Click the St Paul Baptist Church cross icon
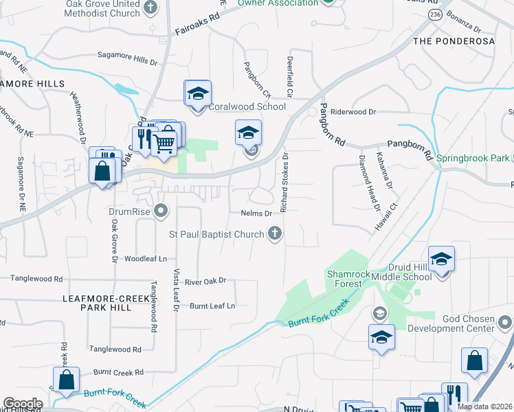[x=275, y=234]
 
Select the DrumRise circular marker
[x=161, y=210]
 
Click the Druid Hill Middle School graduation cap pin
[x=442, y=259]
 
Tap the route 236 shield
[x=434, y=14]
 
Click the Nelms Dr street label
[x=256, y=213]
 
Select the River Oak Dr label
[x=205, y=282]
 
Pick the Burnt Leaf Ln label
[x=212, y=306]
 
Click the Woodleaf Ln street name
[x=146, y=259]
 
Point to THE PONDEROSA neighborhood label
[x=454, y=41]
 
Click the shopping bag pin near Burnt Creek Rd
[x=66, y=380]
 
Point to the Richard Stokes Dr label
[x=282, y=183]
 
